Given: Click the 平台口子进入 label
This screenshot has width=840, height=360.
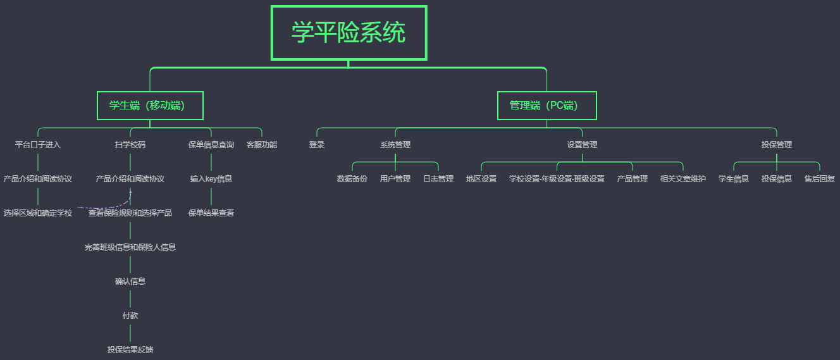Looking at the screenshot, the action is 38,145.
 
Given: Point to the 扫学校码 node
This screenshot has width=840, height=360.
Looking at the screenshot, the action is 130,145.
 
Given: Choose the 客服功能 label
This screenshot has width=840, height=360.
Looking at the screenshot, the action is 262,145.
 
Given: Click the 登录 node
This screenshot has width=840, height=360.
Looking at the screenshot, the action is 317,145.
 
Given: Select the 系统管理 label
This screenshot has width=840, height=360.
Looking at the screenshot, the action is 395,145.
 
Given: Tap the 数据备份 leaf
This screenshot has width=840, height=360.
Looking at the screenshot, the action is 352,179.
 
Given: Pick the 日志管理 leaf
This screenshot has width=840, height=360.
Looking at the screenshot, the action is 438,179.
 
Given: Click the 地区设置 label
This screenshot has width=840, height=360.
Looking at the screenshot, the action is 481,179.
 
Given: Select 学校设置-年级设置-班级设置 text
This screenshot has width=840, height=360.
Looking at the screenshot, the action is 557,179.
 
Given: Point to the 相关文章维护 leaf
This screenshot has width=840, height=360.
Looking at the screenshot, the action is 683,179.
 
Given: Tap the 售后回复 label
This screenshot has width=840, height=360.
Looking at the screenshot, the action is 820,179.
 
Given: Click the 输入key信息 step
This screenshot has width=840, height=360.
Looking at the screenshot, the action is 211,179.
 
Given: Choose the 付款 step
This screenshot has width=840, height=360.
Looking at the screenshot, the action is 130,315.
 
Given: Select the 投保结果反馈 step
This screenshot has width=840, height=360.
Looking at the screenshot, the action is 130,349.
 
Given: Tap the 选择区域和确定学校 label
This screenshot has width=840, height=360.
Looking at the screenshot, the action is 38,213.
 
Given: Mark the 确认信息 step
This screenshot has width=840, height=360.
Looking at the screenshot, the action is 130,282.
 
